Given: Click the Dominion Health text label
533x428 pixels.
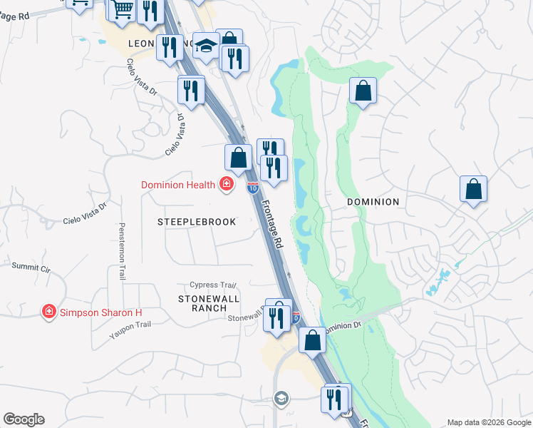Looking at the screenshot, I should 178,185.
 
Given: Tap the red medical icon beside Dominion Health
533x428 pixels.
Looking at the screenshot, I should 227,185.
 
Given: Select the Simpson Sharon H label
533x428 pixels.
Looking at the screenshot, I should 101,312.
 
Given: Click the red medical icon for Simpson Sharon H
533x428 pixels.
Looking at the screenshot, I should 48,312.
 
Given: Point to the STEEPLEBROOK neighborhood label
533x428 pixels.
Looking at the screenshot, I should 197,222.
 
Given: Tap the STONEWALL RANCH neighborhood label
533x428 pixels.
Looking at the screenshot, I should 208,302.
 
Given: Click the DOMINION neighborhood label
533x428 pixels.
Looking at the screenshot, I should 373,202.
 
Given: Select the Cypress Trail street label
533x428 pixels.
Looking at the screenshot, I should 212,285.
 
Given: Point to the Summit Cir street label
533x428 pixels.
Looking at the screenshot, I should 31,267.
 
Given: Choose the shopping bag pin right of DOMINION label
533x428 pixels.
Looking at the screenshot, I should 473,190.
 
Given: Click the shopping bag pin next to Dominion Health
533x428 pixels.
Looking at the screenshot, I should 239,158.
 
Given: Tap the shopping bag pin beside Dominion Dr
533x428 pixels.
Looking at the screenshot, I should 312,340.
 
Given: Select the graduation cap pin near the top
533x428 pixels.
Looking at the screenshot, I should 206,45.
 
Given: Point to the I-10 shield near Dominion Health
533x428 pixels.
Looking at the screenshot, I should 252,187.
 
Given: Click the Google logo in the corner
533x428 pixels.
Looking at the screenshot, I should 24,419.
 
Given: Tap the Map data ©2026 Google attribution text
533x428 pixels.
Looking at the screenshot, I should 489,422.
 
